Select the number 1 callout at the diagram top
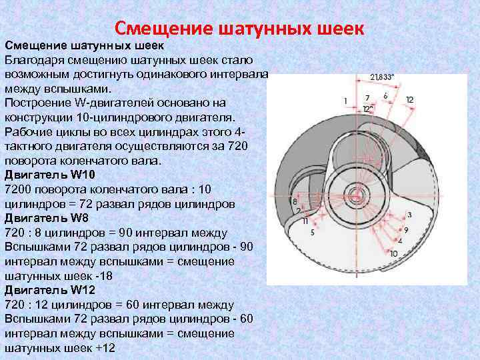click(x=345, y=101)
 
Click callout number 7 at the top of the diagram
click(x=367, y=98)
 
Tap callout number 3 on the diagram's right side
click(x=409, y=215)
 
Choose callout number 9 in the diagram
click(x=406, y=230)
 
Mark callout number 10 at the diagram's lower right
click(x=393, y=253)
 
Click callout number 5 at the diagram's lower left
click(x=312, y=232)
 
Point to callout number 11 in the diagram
click(x=305, y=220)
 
